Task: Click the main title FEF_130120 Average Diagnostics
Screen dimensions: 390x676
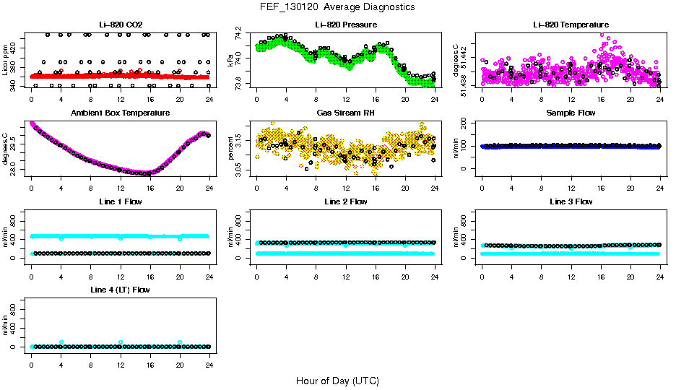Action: click(x=338, y=6)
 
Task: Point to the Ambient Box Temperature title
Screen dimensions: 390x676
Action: click(x=120, y=113)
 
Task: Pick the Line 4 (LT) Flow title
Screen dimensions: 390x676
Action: click(x=120, y=290)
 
